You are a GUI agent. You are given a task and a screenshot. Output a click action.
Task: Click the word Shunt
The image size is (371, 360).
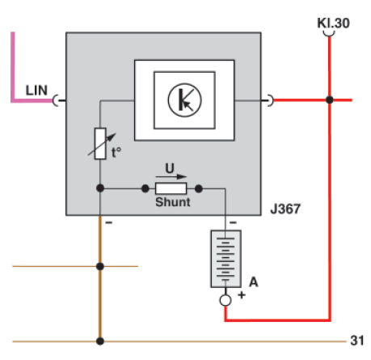[172, 202]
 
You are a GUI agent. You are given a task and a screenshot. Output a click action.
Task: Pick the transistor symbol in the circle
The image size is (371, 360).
[184, 99]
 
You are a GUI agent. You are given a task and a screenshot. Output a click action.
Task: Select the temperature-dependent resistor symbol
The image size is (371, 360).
[99, 143]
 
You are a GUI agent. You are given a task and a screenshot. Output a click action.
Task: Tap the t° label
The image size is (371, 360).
[117, 150]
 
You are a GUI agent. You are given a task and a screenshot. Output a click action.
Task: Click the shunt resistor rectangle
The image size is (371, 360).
[171, 188]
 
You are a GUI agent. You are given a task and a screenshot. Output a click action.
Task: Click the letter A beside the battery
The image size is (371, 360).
[253, 282]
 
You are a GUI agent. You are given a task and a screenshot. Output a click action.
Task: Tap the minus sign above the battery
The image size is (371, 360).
[230, 220]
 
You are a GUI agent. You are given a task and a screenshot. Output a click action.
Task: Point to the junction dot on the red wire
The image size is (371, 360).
[330, 100]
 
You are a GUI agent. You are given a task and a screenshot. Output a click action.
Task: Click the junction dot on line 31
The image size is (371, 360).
[99, 341]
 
